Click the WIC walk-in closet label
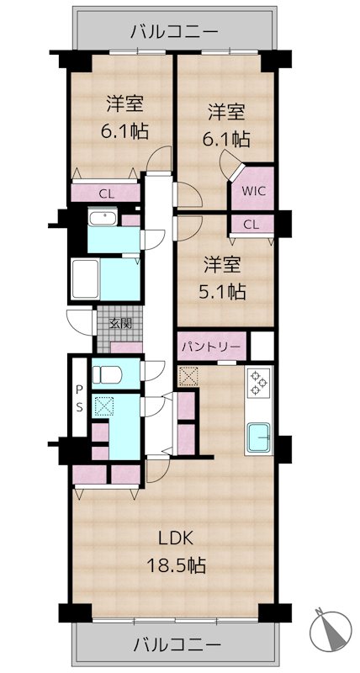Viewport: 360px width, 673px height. tap(252, 191)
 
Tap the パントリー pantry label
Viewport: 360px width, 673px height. tap(209, 346)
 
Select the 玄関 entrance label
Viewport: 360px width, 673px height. tap(120, 324)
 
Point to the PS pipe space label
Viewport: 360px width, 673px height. tap(79, 398)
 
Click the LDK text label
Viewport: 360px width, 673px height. tap(177, 538)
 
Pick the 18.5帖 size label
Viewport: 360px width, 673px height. tap(177, 565)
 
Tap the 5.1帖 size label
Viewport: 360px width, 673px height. tap(221, 293)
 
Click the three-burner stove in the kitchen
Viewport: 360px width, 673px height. tap(258, 383)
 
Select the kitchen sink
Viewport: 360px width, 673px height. tap(258, 437)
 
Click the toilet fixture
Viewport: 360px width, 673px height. tap(108, 374)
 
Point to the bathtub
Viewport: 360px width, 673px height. tap(85, 279)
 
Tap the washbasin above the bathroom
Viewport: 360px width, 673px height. tap(103, 218)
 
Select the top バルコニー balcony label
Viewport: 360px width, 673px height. tap(175, 32)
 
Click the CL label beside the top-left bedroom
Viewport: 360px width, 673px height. tap(107, 194)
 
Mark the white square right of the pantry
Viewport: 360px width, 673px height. tap(262, 346)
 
